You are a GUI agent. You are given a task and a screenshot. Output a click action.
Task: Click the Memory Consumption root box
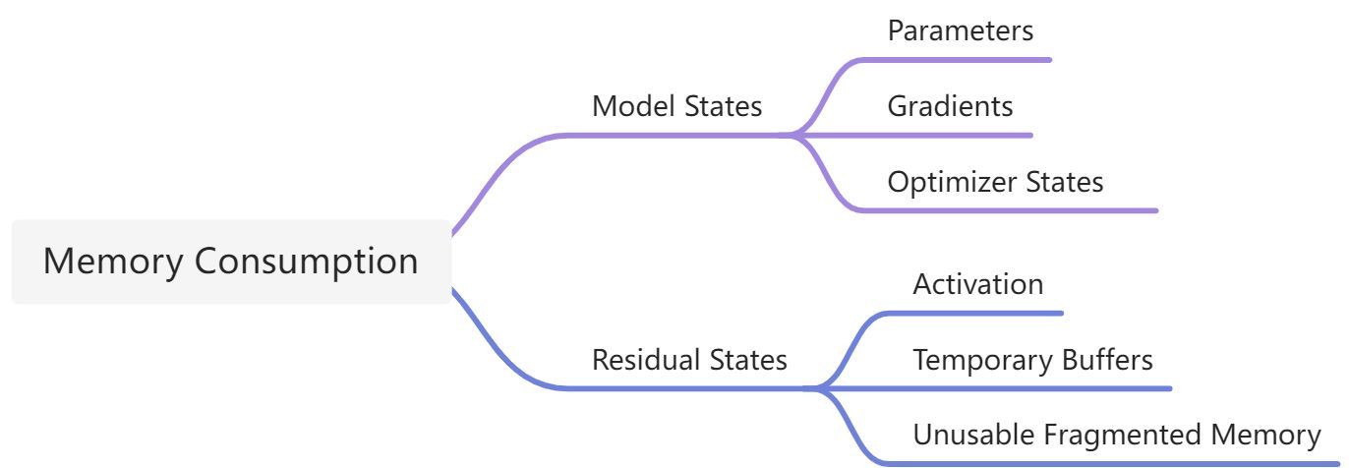coord(231,262)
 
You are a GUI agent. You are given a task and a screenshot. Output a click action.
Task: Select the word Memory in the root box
coord(113,263)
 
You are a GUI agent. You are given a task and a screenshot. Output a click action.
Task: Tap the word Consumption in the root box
coord(306,263)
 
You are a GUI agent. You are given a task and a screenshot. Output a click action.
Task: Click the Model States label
coord(676,106)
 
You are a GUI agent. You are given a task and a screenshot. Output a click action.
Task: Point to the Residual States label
coord(689,360)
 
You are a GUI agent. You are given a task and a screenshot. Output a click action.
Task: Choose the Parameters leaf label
coord(961,30)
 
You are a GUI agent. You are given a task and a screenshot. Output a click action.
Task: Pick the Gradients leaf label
coord(951,106)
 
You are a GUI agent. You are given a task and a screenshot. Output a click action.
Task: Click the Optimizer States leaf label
coord(995,182)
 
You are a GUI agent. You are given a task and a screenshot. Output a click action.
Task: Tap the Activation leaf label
coord(978,284)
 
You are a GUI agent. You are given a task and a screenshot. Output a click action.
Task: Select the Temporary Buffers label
coord(1032,360)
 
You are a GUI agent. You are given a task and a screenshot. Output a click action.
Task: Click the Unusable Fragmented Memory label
coord(1117,435)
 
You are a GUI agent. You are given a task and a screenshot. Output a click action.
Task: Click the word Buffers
coord(1107,360)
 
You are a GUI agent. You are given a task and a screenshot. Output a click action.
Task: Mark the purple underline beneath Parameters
coord(955,60)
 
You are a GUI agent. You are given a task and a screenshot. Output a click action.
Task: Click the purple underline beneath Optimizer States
coord(1007,210)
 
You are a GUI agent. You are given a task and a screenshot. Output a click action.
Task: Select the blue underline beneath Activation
coord(973,314)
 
